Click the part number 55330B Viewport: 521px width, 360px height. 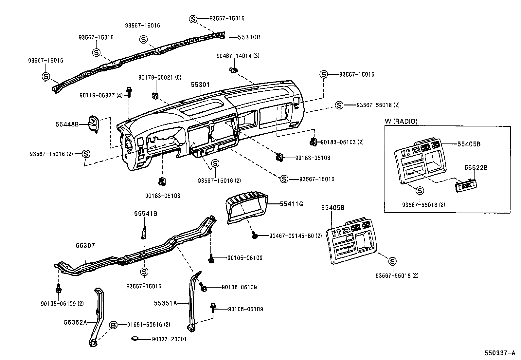(249, 37)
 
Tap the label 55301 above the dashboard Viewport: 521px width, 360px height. (200, 85)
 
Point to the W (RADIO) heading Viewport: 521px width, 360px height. (401, 122)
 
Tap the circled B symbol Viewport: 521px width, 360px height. (113, 325)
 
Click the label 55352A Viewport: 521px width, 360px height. (75, 322)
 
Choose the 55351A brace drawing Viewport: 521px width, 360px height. (193, 301)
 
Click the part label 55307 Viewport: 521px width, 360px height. (85, 245)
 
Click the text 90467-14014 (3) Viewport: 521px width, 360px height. (238, 56)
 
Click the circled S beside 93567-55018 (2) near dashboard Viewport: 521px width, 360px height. (339, 105)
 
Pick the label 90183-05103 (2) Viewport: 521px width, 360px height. (342, 142)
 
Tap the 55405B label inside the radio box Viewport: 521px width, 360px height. (469, 144)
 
